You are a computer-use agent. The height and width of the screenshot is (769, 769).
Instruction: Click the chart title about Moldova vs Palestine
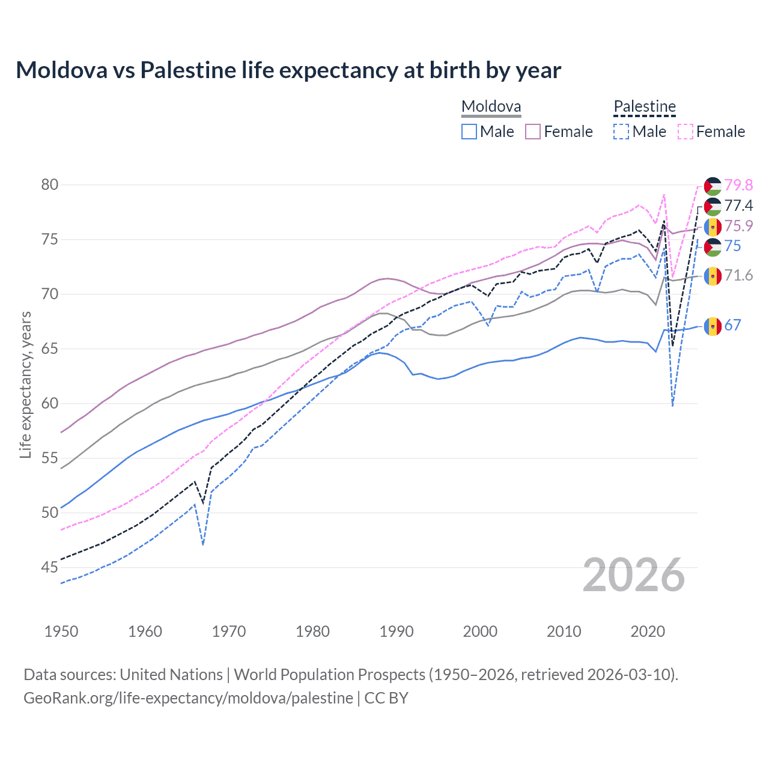pos(288,70)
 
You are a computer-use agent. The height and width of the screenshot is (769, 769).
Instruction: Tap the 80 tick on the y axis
pos(50,184)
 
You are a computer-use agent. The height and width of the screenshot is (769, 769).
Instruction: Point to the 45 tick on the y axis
pos(50,567)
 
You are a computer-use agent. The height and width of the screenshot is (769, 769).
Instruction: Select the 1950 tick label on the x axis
pos(61,631)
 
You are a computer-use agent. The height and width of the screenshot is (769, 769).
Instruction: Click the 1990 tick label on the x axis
pos(397,631)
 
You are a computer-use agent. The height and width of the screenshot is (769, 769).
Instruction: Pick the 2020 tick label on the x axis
pos(648,631)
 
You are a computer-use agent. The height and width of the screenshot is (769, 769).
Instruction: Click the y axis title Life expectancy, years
pos(25,384)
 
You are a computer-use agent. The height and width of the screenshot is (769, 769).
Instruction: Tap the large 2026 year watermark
pos(634,575)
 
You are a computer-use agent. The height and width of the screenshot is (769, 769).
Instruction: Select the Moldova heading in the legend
pos(491,107)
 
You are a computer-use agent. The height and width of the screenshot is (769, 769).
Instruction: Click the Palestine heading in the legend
pos(645,107)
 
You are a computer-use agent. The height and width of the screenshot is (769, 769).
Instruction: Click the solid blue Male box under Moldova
pos(469,132)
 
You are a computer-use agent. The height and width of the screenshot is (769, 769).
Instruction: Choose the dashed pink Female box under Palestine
pos(685,132)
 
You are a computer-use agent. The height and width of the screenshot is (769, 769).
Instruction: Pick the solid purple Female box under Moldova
pos(533,132)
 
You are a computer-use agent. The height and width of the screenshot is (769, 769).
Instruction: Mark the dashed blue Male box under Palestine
pos(621,132)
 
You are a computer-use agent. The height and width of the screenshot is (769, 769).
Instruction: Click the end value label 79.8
pos(738,185)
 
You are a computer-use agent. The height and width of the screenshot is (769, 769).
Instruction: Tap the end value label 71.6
pos(738,276)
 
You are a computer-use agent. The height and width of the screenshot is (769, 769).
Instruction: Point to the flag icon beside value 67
pos(713,326)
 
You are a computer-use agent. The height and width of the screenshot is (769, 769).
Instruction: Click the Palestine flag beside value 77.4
pos(713,206)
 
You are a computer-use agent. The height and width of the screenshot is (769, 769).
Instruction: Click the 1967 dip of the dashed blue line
pos(203,544)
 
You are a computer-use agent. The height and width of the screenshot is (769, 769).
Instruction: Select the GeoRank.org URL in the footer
pos(188,698)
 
